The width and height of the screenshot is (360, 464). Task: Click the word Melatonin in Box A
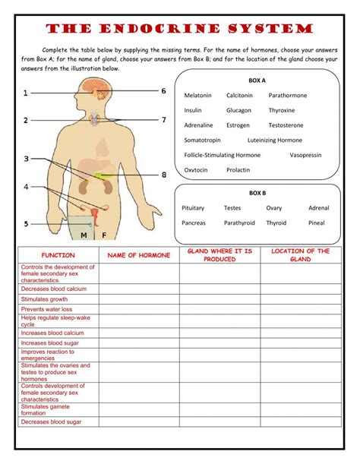click(x=197, y=96)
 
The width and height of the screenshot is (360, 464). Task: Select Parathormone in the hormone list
click(x=287, y=96)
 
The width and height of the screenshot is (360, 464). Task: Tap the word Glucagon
click(x=238, y=110)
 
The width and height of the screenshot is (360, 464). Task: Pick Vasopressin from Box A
click(x=305, y=155)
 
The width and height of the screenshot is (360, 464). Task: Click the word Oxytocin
click(x=195, y=170)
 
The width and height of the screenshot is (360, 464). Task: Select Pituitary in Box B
click(x=193, y=208)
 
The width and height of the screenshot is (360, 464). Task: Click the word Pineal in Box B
click(x=316, y=223)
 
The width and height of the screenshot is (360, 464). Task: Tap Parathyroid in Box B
click(x=239, y=223)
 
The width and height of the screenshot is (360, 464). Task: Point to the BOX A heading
click(x=257, y=80)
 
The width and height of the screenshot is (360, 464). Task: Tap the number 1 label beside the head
click(x=25, y=93)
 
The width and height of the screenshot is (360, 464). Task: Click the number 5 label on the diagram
click(x=25, y=224)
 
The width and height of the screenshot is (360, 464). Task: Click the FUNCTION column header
click(x=58, y=255)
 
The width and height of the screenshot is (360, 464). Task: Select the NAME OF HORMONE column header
click(x=137, y=255)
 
